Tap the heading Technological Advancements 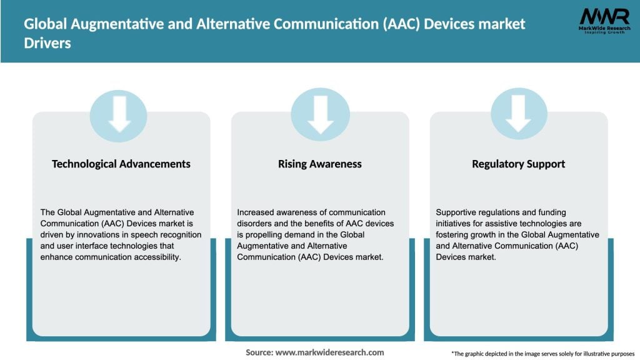(x=121, y=164)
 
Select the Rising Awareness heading (x=320, y=164)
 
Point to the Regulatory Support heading (x=519, y=164)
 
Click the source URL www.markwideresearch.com (x=329, y=352)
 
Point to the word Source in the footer (x=258, y=352)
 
